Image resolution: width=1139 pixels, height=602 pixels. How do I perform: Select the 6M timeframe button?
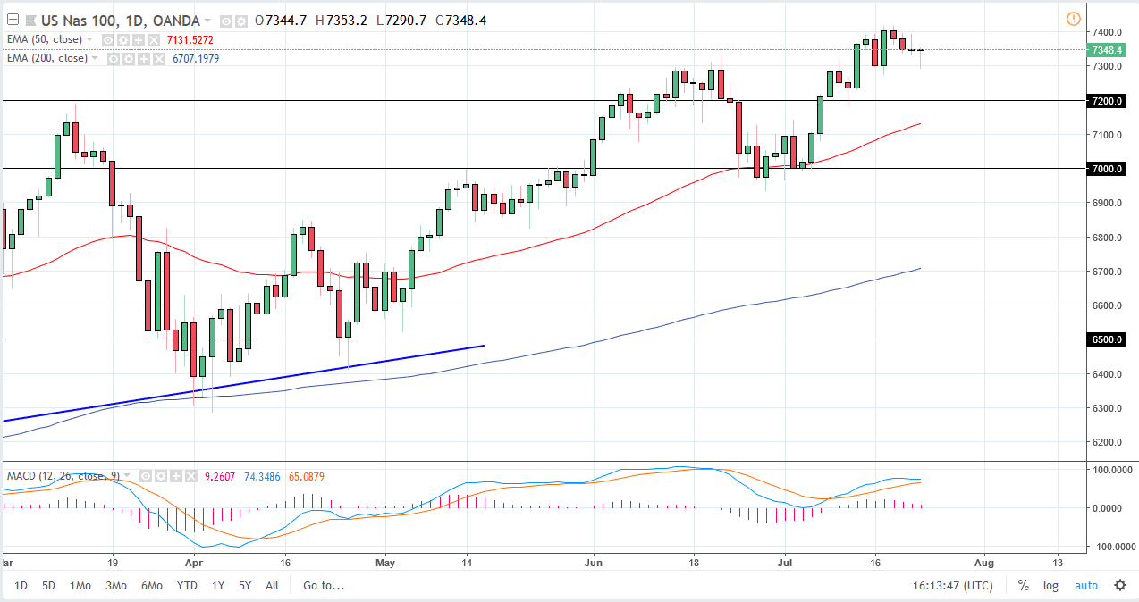(151, 586)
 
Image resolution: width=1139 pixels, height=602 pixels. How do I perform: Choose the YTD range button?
(187, 586)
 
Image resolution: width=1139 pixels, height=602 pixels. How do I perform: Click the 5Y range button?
(245, 586)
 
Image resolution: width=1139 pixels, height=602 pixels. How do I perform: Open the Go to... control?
(323, 586)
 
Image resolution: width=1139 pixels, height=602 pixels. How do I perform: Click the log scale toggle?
(1050, 586)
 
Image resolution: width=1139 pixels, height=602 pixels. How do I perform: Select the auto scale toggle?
(1085, 586)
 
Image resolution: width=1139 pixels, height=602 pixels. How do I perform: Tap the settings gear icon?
(1120, 586)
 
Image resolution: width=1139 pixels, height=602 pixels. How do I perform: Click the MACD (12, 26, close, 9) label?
(63, 475)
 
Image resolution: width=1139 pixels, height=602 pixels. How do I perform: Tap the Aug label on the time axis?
(983, 564)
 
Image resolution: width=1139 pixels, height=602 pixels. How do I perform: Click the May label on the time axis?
(385, 564)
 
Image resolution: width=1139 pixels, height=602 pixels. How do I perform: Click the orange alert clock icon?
(1073, 19)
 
